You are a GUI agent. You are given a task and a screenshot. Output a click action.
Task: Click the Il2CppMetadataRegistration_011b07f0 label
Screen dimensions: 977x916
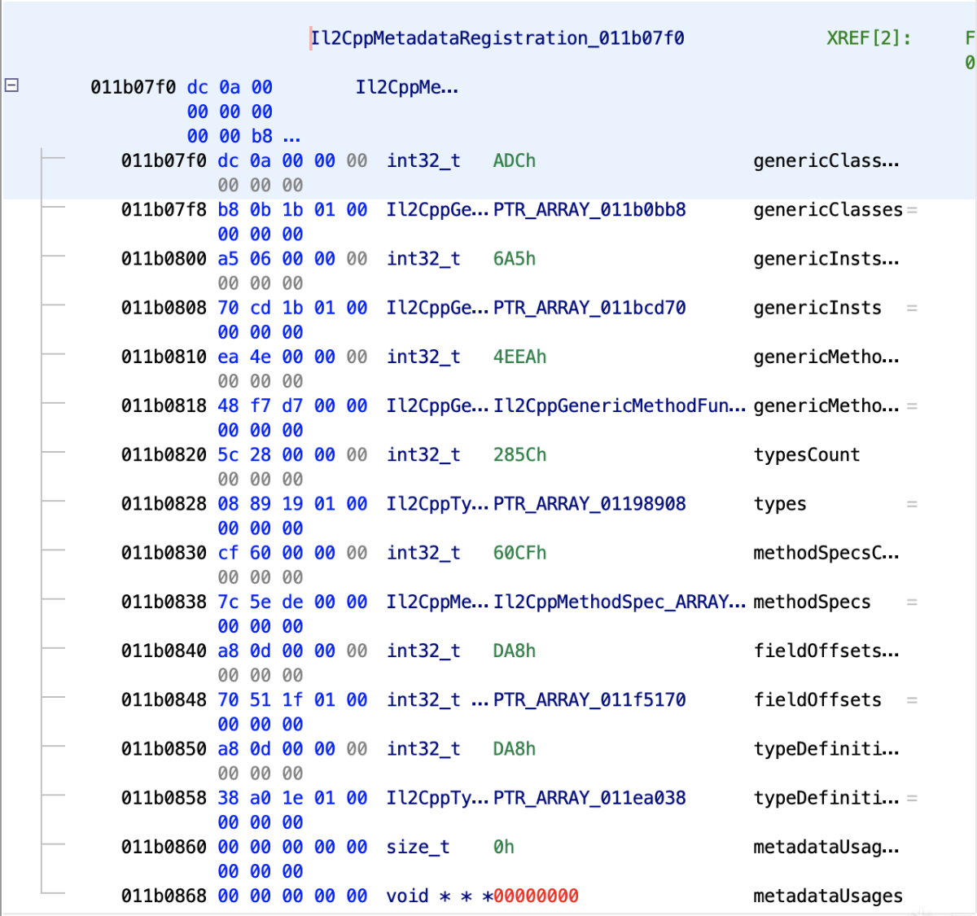click(497, 38)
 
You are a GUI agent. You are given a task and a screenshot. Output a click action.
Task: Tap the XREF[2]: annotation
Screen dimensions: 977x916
click(869, 38)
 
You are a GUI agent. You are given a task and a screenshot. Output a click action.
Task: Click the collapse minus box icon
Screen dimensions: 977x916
click(11, 85)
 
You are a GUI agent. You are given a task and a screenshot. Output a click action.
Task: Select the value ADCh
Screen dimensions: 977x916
click(514, 161)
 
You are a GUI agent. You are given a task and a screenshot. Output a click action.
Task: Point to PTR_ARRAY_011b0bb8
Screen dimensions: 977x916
click(589, 210)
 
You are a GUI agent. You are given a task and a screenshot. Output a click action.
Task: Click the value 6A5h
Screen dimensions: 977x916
click(514, 259)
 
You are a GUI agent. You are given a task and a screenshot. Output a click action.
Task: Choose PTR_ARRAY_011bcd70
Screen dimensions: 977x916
click(589, 308)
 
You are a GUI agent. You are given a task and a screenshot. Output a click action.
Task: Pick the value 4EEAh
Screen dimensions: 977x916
click(519, 357)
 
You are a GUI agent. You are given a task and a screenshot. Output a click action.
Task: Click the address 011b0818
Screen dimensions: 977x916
click(164, 406)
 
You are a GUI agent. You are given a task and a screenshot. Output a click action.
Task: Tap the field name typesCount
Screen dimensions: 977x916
click(807, 455)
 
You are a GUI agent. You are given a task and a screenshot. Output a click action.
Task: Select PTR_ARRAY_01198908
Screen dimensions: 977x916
click(589, 504)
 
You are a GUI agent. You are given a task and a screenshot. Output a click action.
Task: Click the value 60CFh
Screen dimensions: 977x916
click(519, 553)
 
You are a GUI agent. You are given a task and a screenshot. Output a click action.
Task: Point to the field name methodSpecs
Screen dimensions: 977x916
click(812, 602)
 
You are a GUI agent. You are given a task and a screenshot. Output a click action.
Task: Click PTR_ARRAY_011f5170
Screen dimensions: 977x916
click(589, 700)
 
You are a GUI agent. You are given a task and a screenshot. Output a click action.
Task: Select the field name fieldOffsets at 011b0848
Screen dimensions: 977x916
click(817, 700)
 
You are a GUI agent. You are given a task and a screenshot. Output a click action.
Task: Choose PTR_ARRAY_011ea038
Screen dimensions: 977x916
click(589, 798)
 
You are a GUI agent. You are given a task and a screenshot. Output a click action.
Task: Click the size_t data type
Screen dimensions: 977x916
click(418, 847)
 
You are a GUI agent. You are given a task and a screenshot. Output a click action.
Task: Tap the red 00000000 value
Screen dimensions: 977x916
click(536, 896)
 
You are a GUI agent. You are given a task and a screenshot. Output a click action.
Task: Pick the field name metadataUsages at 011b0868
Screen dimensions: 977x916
click(828, 896)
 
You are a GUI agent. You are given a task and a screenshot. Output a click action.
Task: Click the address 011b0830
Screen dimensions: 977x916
click(164, 553)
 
